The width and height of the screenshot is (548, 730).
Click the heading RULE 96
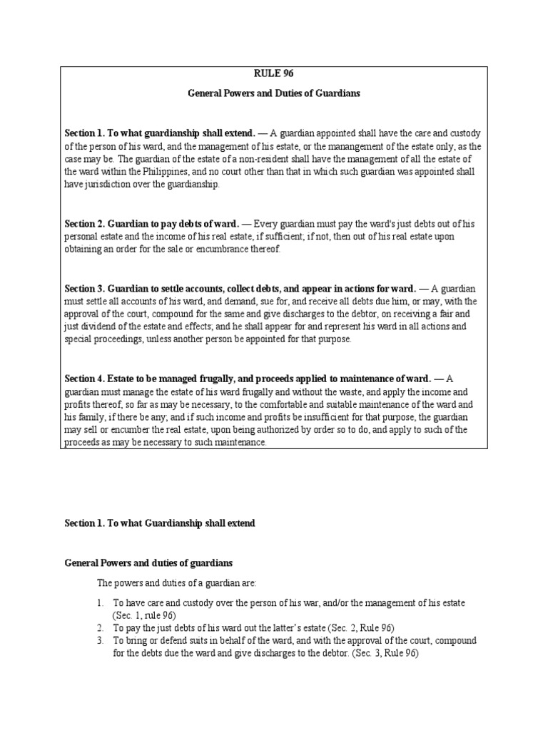coord(274,72)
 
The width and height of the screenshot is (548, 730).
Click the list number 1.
coord(100,603)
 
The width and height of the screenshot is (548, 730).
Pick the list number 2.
coord(100,628)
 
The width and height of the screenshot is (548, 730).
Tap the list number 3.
coord(100,641)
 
